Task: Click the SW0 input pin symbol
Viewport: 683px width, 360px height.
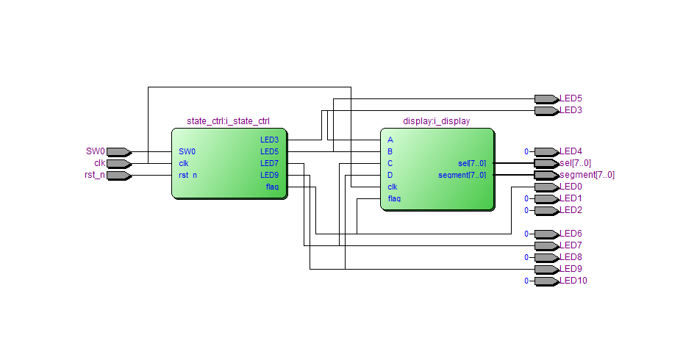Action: [x=118, y=152]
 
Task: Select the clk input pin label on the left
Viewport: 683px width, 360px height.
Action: [x=99, y=163]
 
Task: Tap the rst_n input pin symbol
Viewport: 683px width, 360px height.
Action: [x=118, y=176]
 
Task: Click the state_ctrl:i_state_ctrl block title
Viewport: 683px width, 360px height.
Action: [x=229, y=121]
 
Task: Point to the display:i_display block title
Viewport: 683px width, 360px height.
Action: [x=437, y=121]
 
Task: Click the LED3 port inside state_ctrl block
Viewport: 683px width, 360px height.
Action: [x=269, y=140]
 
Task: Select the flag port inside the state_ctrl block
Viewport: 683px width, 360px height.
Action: [x=272, y=187]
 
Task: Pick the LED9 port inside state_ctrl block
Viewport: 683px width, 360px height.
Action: [x=269, y=175]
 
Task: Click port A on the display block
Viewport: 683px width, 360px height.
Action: [x=390, y=140]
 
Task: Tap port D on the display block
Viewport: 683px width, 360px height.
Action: [x=390, y=175]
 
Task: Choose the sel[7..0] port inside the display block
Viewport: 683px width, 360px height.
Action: [x=471, y=163]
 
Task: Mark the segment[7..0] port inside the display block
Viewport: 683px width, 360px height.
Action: [x=462, y=175]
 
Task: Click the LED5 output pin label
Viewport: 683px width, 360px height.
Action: [x=571, y=98]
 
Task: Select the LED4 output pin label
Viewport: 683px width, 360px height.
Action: [x=571, y=151]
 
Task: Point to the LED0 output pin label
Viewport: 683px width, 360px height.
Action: [x=571, y=187]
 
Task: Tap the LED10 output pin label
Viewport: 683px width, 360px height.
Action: [x=573, y=281]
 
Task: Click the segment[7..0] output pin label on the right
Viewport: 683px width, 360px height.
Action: [x=587, y=175]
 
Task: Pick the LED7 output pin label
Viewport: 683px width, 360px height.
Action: [x=571, y=245]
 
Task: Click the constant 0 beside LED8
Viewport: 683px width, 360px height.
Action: [x=526, y=258]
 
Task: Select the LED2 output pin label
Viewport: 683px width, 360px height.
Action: [x=571, y=210]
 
